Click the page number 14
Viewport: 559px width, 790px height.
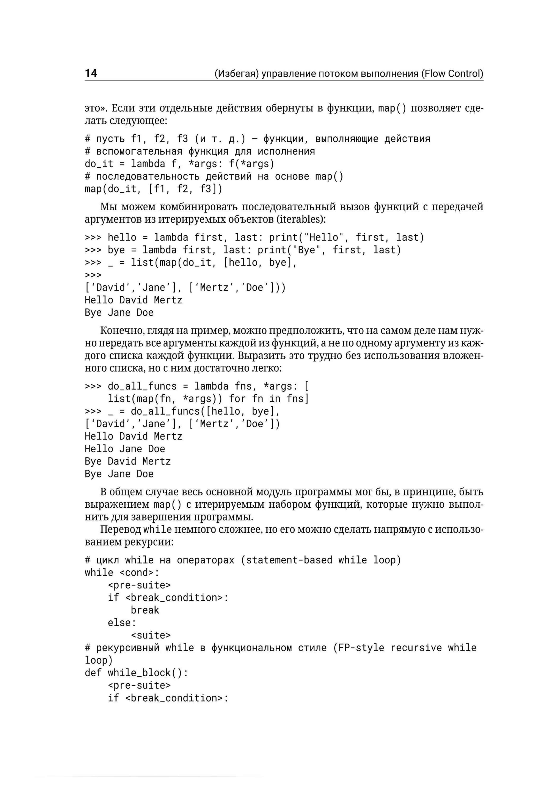pyautogui.click(x=91, y=73)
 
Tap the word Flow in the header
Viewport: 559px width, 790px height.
pyautogui.click(x=435, y=74)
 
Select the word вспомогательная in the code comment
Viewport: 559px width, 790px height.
pyautogui.click(x=139, y=151)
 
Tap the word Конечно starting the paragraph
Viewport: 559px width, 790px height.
pyautogui.click(x=122, y=331)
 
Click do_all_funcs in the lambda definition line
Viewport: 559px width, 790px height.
pyautogui.click(x=142, y=386)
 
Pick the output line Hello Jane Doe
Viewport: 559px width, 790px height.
pyautogui.click(x=125, y=449)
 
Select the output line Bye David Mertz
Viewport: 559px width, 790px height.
pyautogui.click(x=128, y=461)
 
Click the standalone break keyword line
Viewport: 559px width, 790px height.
pyautogui.click(x=145, y=610)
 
